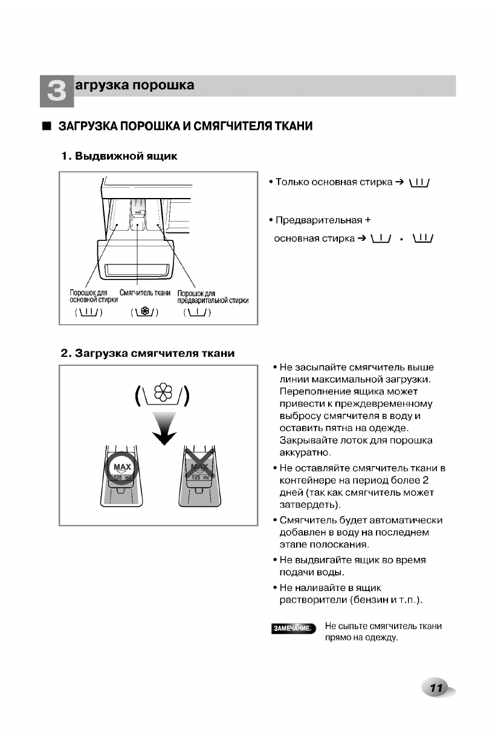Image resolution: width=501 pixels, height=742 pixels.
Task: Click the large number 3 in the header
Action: [x=56, y=91]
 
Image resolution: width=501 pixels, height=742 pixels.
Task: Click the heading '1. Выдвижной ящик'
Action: [x=119, y=157]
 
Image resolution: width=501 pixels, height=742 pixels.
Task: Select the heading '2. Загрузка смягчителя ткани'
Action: [x=147, y=353]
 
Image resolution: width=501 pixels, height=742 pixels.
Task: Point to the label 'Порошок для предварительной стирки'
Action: [x=213, y=297]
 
